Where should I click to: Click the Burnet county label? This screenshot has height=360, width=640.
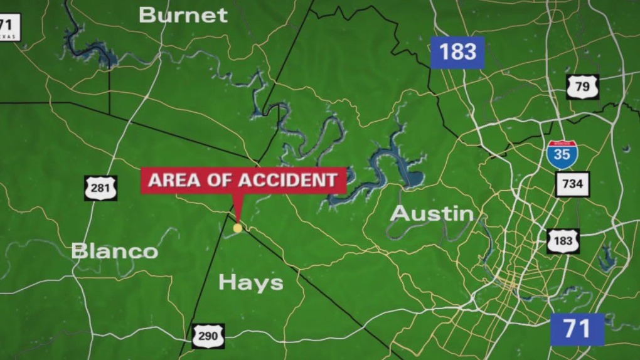point(183,15)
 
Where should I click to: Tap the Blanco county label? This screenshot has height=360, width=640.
point(114,251)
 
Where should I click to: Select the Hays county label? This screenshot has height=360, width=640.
point(251,282)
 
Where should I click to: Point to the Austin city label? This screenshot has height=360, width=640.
point(432,213)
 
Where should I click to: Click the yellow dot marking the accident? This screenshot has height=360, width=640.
point(237,228)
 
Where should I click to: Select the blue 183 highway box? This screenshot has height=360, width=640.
point(458,52)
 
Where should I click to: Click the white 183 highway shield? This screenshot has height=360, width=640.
point(562,241)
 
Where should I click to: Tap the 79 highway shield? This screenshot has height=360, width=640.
point(582,87)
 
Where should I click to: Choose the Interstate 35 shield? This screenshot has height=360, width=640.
point(562,154)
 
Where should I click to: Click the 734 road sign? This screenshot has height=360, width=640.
point(572,184)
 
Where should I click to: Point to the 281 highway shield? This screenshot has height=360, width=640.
point(101,188)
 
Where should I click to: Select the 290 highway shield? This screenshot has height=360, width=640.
point(208,336)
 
